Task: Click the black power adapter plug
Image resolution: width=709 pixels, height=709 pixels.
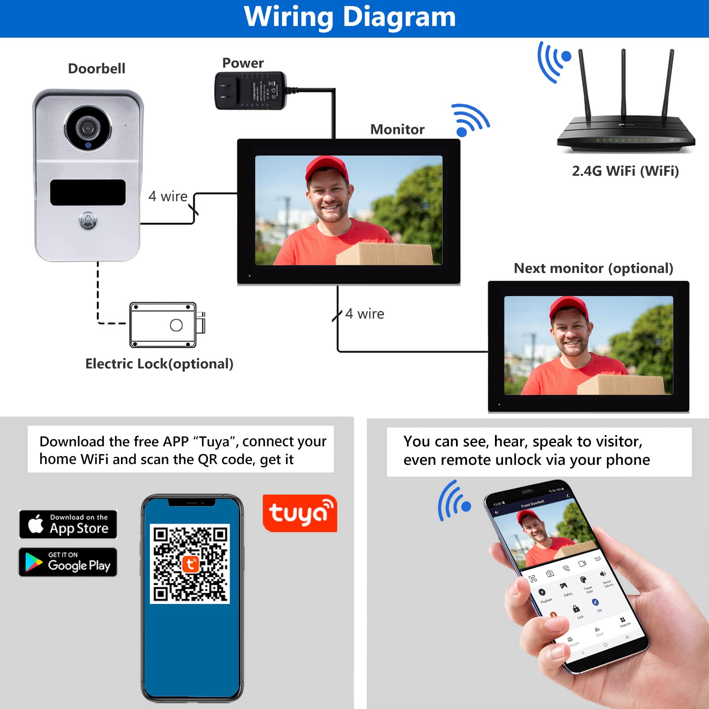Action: coord(250,91)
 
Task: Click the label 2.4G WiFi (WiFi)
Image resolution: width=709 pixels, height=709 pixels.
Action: coord(625,171)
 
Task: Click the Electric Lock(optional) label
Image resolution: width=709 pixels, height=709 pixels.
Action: coord(159,364)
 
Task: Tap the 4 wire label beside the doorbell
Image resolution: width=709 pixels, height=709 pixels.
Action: coord(168,196)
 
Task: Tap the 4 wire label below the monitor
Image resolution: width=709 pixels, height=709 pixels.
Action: coord(365,314)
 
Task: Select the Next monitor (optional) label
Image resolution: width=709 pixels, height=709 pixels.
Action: coord(593,268)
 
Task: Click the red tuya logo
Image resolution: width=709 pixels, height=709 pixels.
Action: coord(300,513)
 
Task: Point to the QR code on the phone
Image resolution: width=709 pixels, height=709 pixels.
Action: coord(190,564)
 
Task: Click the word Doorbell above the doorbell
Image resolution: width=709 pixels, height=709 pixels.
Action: coord(97,69)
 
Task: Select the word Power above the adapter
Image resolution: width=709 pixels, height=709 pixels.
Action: coord(243,63)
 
